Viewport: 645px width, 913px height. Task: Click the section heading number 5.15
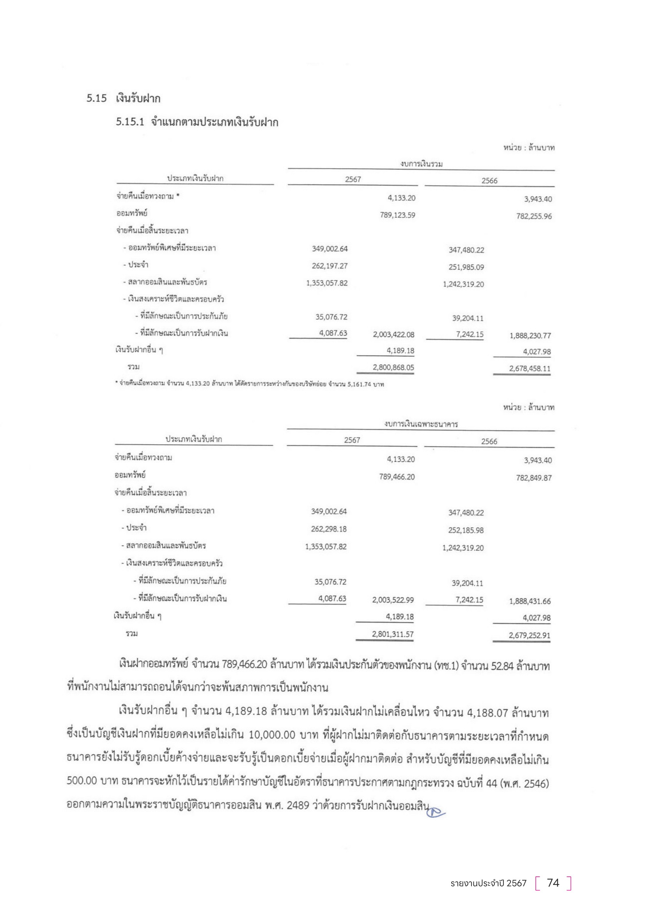[x=96, y=98]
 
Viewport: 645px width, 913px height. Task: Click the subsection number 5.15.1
[x=130, y=122]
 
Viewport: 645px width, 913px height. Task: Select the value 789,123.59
[x=397, y=215]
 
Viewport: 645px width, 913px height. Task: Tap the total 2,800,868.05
[x=393, y=367]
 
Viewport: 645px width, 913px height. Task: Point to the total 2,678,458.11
[x=530, y=368]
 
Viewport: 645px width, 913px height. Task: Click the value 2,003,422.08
[x=393, y=335]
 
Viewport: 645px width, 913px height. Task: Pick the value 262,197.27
[x=329, y=266]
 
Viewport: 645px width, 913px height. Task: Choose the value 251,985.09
[x=466, y=267]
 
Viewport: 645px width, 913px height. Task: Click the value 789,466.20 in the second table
[x=397, y=476]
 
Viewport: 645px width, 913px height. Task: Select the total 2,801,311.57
[x=392, y=634]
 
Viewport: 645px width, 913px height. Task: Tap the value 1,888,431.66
[x=530, y=601]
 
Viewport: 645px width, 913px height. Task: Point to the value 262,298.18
[x=328, y=529]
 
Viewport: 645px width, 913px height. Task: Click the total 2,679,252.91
[x=530, y=635]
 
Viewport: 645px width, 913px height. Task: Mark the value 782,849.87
[x=534, y=477]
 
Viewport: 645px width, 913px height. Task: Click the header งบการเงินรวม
[x=422, y=164]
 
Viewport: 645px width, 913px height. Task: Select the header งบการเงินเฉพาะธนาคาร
[x=421, y=424]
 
